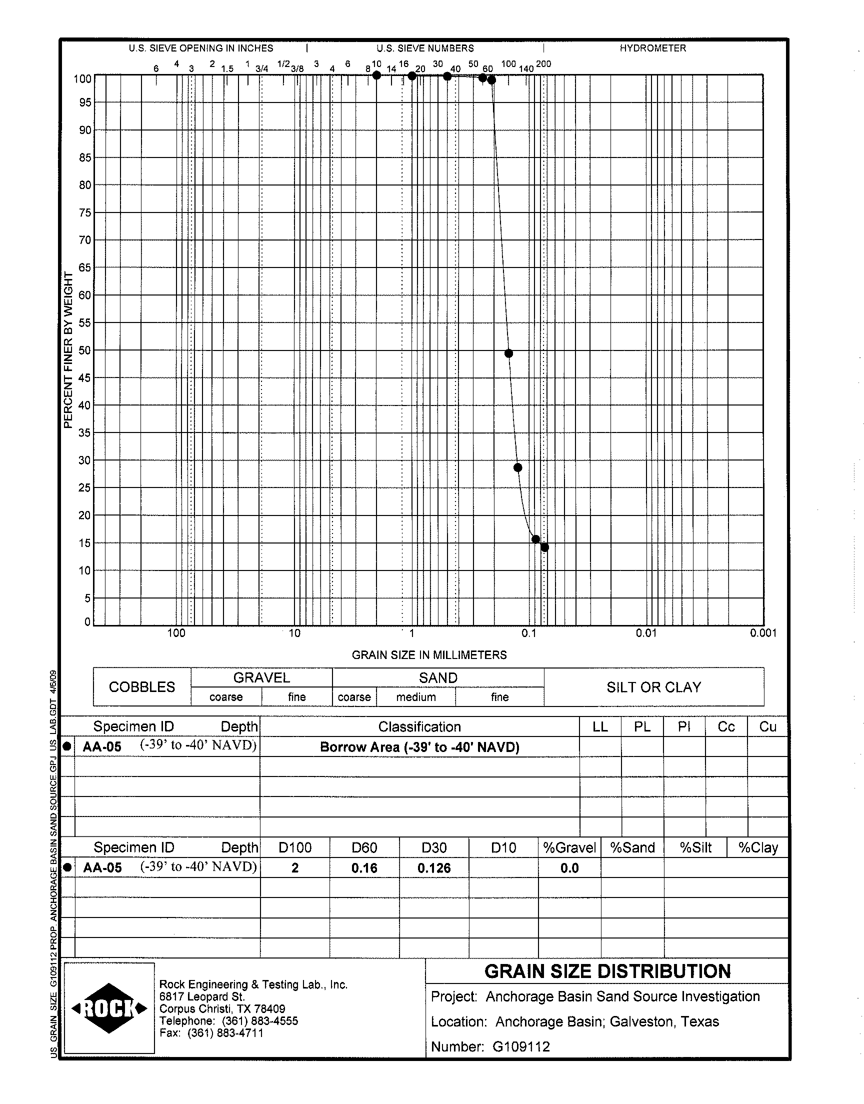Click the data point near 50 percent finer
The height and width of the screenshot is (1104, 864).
click(x=509, y=353)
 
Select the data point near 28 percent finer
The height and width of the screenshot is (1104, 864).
click(x=517, y=467)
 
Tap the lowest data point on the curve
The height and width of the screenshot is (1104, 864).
click(x=545, y=547)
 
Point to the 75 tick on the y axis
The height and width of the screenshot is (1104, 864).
click(x=84, y=213)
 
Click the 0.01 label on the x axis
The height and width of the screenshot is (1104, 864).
click(x=646, y=633)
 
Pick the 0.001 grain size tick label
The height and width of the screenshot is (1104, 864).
click(x=763, y=633)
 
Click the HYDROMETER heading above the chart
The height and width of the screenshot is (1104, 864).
click(x=652, y=48)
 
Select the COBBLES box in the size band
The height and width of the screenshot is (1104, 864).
click(x=142, y=687)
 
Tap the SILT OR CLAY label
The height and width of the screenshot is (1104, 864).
click(x=653, y=687)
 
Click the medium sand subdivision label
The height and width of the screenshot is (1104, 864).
click(x=416, y=697)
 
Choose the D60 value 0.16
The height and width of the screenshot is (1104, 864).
click(x=364, y=868)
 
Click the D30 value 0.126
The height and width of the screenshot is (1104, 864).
click(x=434, y=868)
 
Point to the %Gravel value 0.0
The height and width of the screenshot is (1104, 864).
click(x=569, y=868)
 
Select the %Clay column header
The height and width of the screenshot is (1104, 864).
click(x=758, y=847)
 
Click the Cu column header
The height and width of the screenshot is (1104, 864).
click(x=767, y=726)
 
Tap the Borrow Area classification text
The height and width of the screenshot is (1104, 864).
click(x=419, y=747)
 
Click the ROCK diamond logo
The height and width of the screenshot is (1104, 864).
click(x=109, y=1008)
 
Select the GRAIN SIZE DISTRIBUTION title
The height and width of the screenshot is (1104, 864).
click(x=607, y=971)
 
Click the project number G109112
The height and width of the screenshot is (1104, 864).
click(x=521, y=1046)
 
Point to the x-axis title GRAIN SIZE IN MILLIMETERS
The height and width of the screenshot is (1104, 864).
click(x=429, y=655)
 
